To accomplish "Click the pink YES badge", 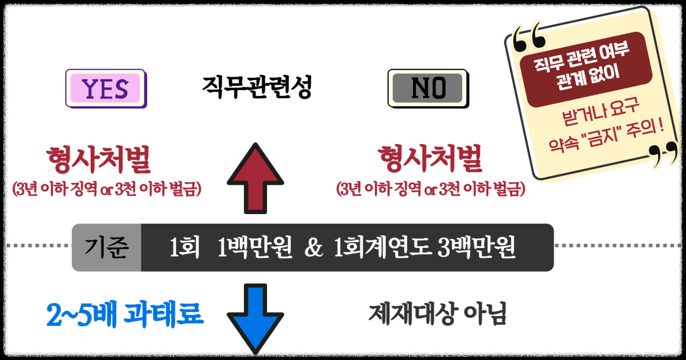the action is [x=106, y=89].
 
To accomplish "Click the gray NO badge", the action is [x=428, y=89].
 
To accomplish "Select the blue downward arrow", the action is [x=255, y=317].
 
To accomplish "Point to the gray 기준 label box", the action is [x=107, y=248].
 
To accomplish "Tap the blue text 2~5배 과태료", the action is [x=125, y=315].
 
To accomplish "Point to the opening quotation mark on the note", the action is [x=528, y=37].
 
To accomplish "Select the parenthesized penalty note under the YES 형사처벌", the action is [x=107, y=190].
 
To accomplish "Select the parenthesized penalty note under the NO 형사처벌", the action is [x=431, y=190].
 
